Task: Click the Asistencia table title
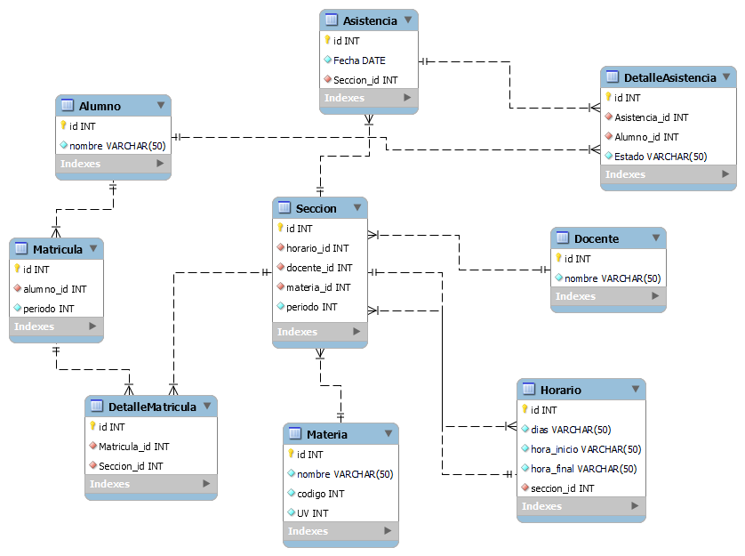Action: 370,20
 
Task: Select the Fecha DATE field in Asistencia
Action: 359,60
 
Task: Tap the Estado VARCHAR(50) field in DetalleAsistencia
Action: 661,157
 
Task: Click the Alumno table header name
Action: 100,106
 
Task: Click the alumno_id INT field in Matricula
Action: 54,289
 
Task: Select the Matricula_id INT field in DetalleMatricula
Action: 133,447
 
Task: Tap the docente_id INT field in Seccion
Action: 319,268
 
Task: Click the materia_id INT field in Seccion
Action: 318,287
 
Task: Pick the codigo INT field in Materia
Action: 320,494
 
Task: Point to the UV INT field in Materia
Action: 312,513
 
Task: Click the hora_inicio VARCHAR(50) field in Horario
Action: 586,449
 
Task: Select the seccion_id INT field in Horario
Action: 562,488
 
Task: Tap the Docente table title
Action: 597,238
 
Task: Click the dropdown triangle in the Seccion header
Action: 356,207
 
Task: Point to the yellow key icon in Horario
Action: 525,410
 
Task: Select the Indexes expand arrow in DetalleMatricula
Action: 206,484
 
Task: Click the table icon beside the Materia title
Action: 295,434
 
